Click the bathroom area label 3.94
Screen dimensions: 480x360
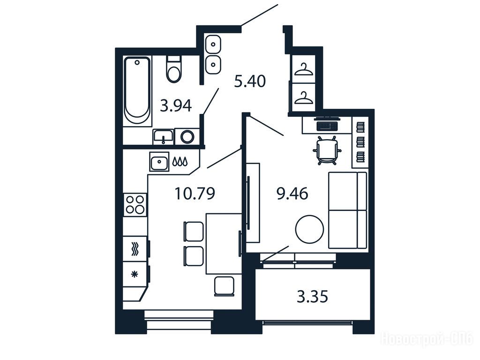[x=176, y=106]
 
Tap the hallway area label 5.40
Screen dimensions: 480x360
[x=250, y=82]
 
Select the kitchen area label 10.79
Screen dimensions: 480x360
[x=195, y=194]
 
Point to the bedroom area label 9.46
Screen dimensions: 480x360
[x=292, y=194]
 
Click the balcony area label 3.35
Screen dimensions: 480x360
[x=312, y=297]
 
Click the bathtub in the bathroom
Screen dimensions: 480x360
[x=137, y=91]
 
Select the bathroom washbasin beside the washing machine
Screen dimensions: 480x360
[x=163, y=136]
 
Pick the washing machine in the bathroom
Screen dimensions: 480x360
[x=187, y=136]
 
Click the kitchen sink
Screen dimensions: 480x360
[x=159, y=161]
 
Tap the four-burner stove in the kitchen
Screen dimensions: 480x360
[x=135, y=204]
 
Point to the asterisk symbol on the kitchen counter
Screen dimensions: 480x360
[x=135, y=274]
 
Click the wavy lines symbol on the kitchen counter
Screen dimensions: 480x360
[x=135, y=249]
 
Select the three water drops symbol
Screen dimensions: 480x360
[x=180, y=161]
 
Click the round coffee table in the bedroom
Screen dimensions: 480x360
[x=309, y=229]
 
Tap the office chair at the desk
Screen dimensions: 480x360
[x=327, y=150]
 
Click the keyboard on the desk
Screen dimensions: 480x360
[x=327, y=126]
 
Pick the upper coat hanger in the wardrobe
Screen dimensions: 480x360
[x=304, y=69]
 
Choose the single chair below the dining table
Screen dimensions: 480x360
[x=225, y=286]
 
